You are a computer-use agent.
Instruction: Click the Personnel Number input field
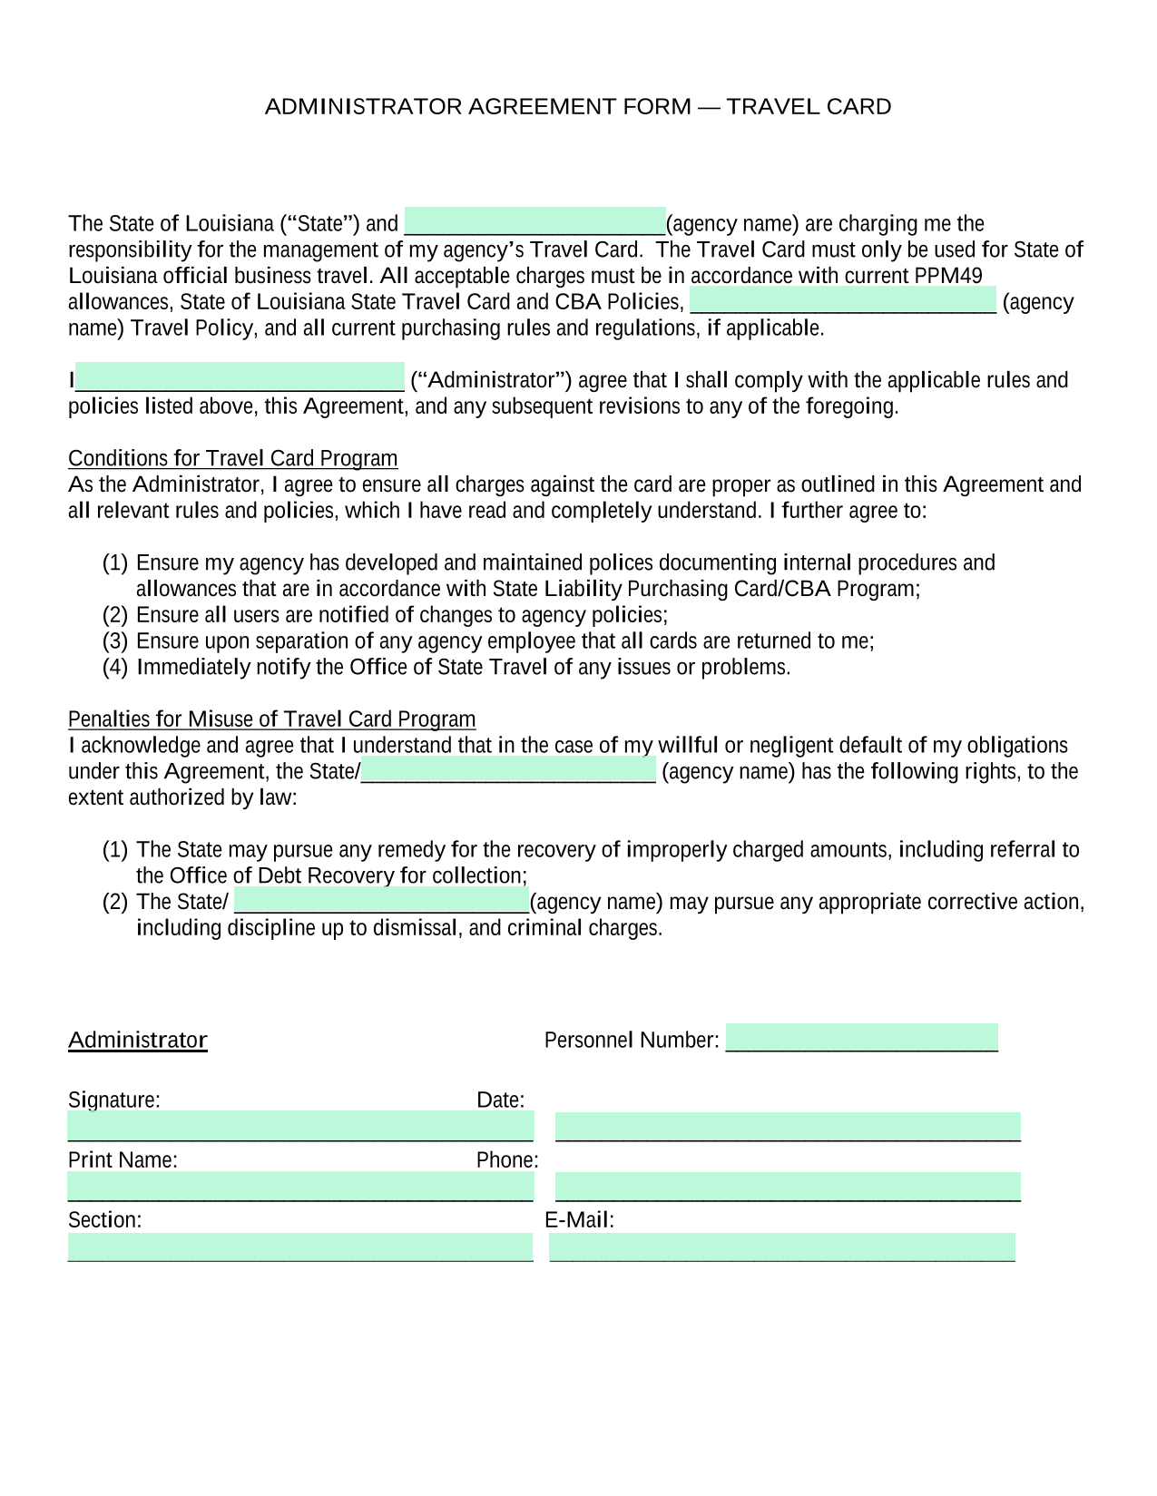[861, 1038]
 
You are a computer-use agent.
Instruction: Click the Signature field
[300, 1126]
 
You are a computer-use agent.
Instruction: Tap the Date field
[788, 1127]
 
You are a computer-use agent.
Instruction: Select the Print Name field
[300, 1187]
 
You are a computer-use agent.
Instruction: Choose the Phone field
[788, 1187]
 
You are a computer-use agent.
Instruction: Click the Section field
[300, 1247]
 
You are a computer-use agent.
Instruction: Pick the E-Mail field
[782, 1247]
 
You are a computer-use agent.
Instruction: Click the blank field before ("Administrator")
[240, 377]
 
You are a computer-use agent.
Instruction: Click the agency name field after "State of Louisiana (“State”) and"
[534, 221]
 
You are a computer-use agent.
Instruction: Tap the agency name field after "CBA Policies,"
[843, 300]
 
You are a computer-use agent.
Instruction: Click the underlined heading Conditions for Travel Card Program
[233, 458]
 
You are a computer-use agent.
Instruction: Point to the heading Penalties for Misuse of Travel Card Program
[271, 719]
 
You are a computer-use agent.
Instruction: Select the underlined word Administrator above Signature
[138, 1040]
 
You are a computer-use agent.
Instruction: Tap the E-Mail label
[579, 1220]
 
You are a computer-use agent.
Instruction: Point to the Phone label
[506, 1160]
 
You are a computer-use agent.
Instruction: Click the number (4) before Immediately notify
[115, 668]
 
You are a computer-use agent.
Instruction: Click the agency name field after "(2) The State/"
[381, 901]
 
